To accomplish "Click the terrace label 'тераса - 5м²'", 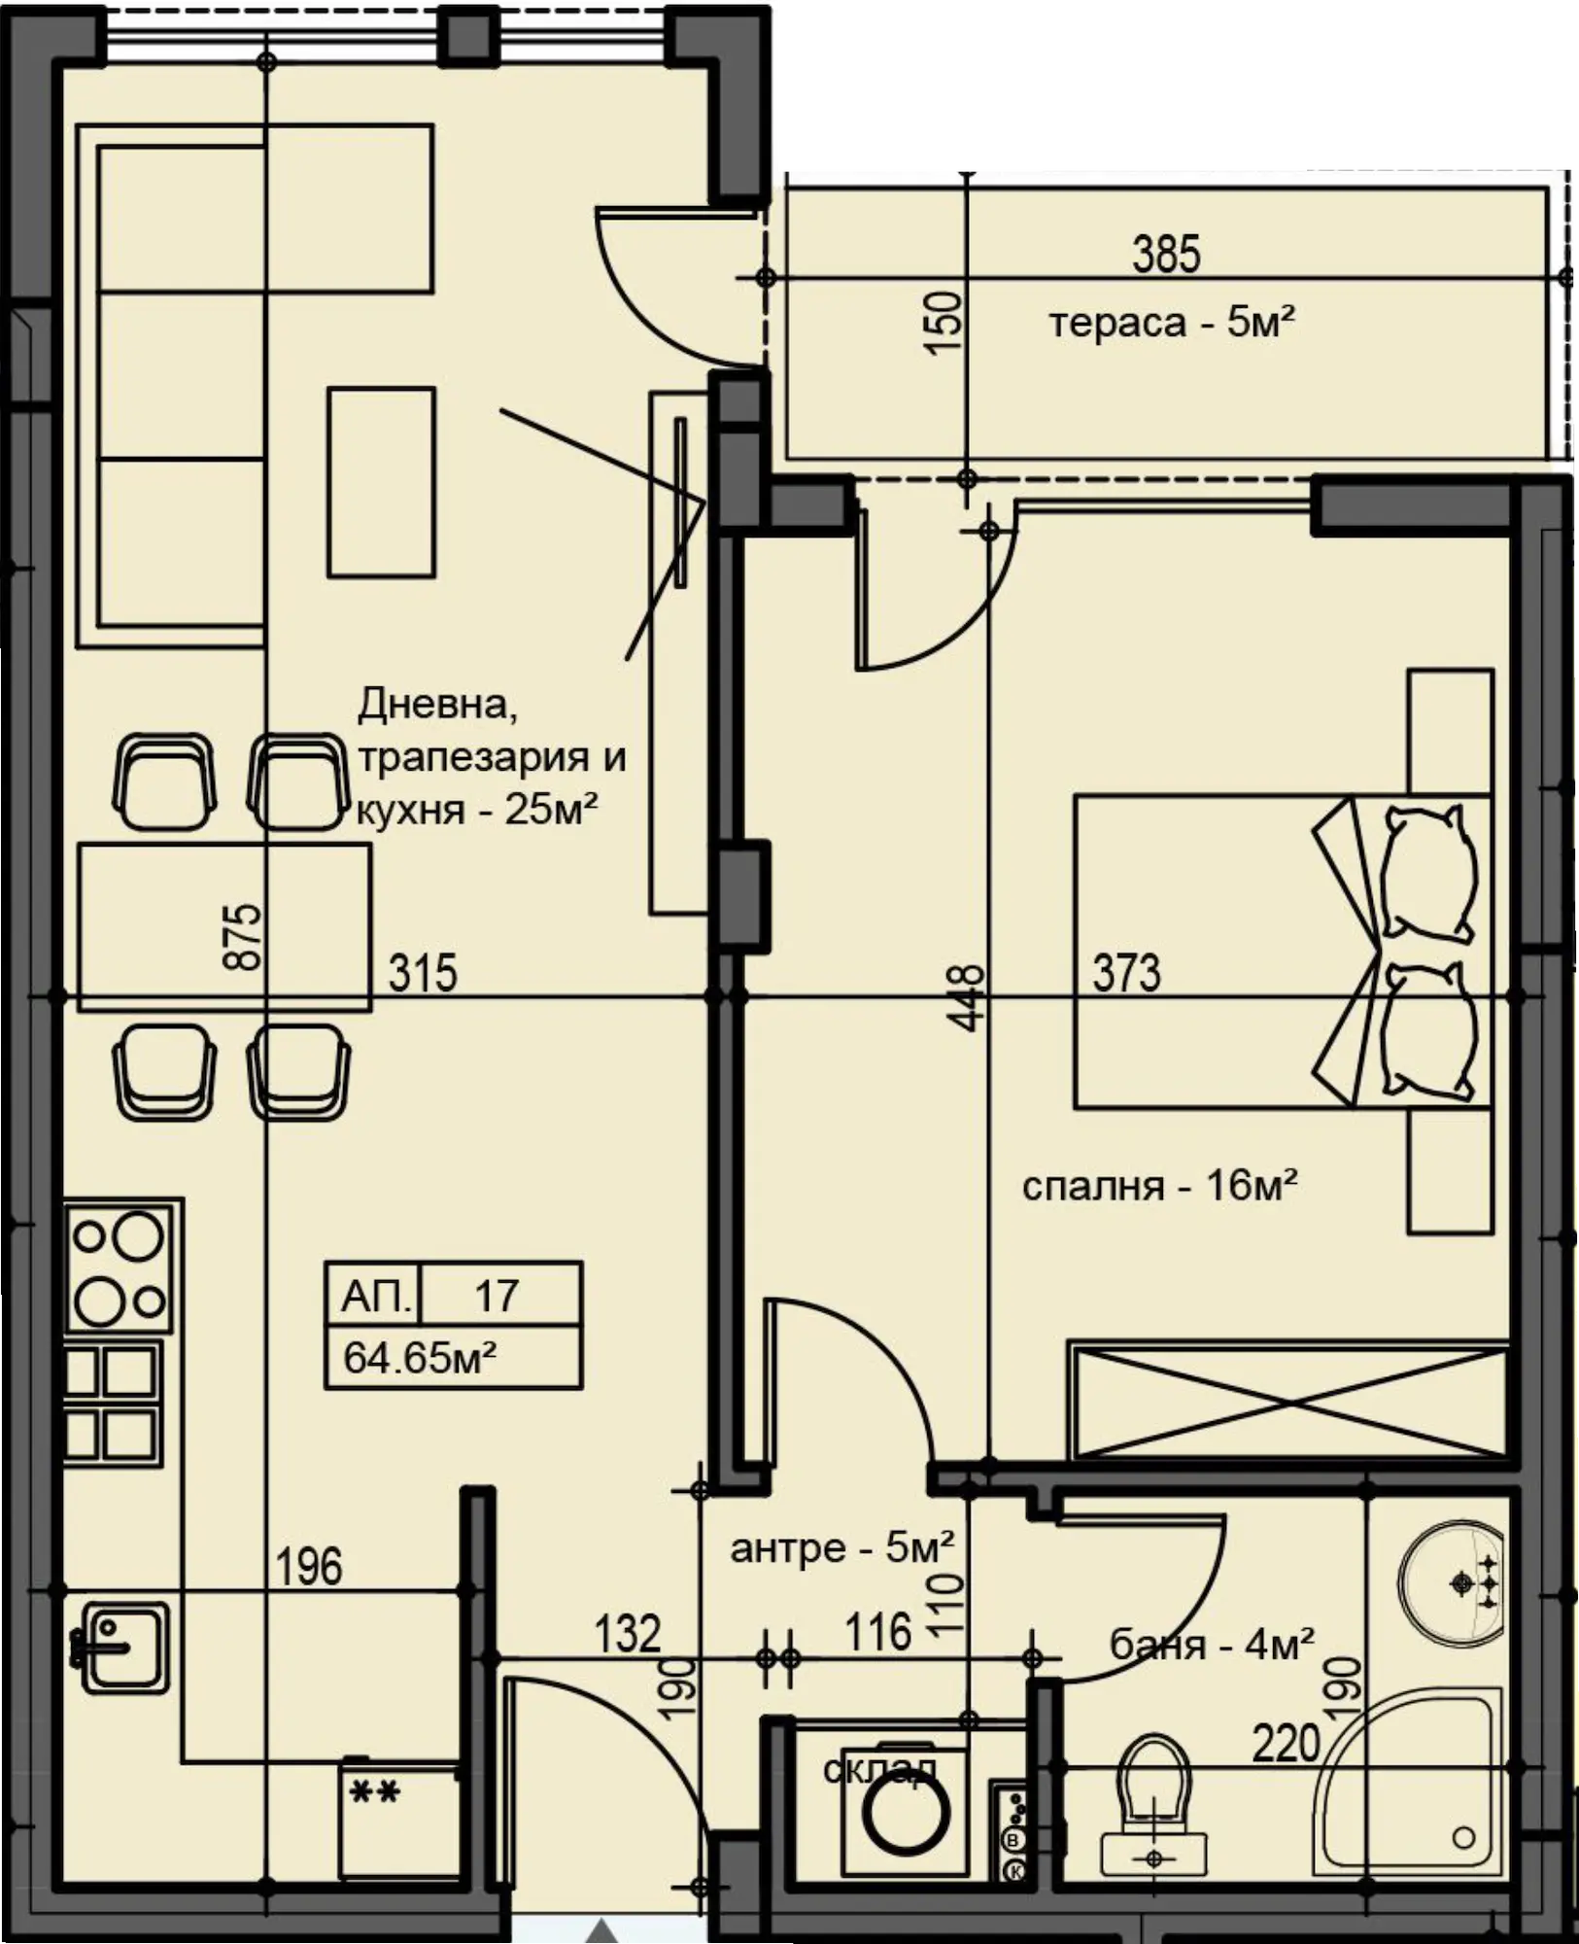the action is [x=1172, y=322].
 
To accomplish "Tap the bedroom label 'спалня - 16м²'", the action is [x=1160, y=1186].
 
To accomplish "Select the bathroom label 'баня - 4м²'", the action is [x=1213, y=1645].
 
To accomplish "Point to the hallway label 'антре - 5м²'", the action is [x=842, y=1546].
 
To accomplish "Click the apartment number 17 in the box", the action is [x=497, y=1296].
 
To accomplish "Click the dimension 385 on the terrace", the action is [x=1166, y=254].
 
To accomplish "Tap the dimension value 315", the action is [x=423, y=973].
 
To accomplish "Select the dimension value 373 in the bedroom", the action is [x=1126, y=973].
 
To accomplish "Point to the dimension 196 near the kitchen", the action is [x=309, y=1567].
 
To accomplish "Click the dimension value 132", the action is [x=628, y=1634].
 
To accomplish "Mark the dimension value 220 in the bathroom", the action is [x=1286, y=1744].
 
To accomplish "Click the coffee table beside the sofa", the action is [x=381, y=482].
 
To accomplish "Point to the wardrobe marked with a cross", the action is [x=1288, y=1402].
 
